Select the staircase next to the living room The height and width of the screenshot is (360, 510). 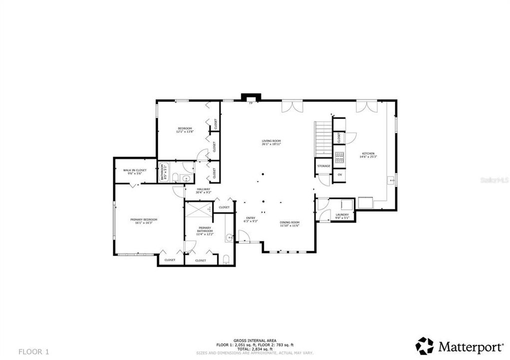coord(322,137)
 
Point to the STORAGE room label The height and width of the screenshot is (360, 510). coord(323,165)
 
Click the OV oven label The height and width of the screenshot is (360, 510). coord(339,174)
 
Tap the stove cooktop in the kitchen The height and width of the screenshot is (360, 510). coord(339,157)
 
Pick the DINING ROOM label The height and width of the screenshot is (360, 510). coord(289,223)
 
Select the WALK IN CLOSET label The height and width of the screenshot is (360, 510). coord(135,171)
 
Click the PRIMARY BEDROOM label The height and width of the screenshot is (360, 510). coord(144,221)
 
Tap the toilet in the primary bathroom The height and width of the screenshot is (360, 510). coord(225,258)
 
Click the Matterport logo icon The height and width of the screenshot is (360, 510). coord(424,346)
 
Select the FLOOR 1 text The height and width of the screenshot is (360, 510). coord(34,351)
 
